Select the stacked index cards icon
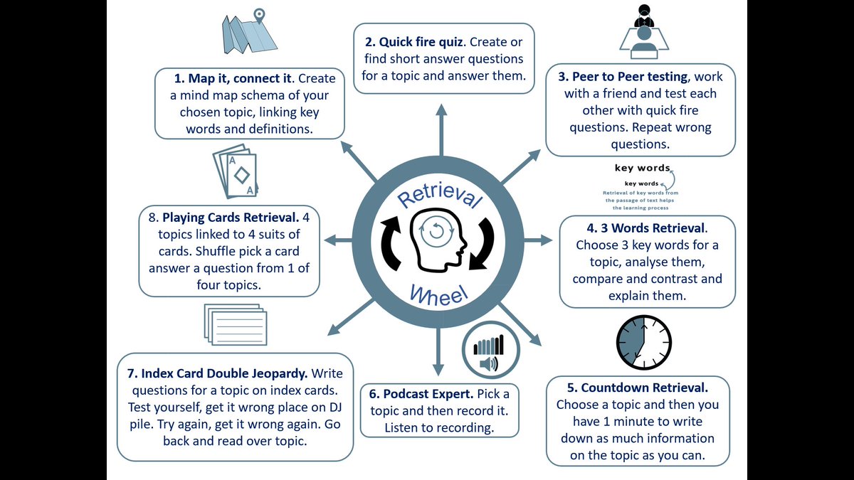236,324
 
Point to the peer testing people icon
644,32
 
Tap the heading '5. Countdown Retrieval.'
637,388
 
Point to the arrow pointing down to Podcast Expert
438,356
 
